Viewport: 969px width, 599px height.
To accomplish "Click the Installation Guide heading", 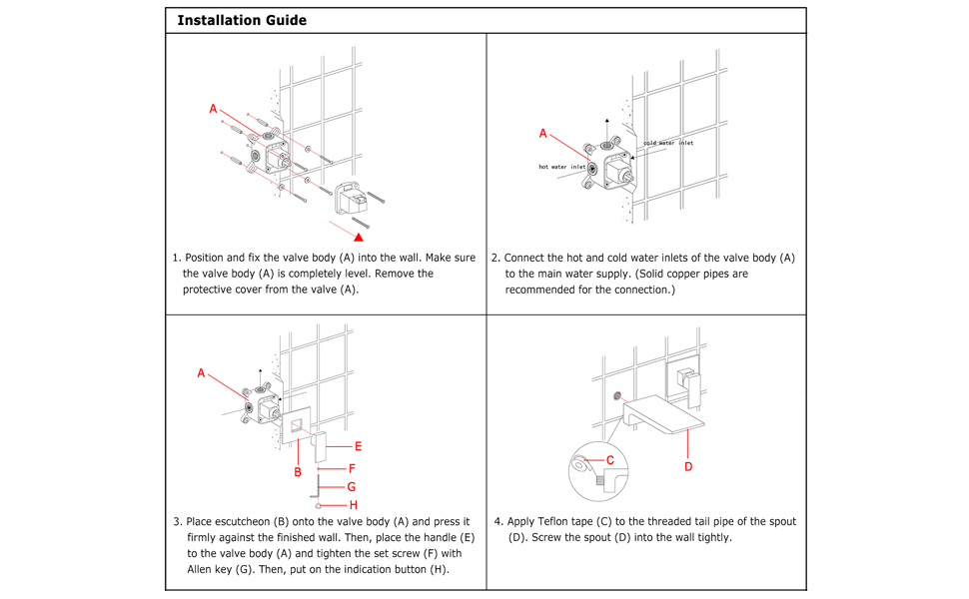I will point(242,20).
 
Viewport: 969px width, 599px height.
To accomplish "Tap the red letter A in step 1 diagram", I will point(213,108).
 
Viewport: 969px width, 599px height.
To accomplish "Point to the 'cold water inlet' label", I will point(667,143).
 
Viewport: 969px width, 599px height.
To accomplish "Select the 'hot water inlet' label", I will point(562,167).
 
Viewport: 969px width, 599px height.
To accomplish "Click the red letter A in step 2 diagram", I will point(543,133).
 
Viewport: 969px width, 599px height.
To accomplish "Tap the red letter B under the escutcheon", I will point(298,471).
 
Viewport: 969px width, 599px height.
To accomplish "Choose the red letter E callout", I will point(358,446).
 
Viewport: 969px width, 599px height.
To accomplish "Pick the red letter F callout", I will point(352,467).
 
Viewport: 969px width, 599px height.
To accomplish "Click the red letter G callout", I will point(352,487).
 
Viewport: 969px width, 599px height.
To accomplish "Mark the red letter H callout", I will point(353,505).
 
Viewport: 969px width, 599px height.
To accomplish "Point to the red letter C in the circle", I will point(610,460).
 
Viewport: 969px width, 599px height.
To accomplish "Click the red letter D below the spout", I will point(688,466).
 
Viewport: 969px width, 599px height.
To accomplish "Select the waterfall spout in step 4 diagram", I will point(664,413).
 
